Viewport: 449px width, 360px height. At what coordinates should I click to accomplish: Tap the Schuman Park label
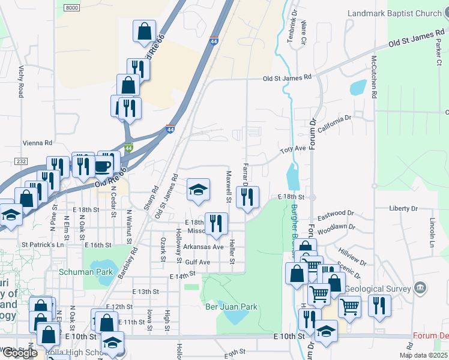tap(86, 271)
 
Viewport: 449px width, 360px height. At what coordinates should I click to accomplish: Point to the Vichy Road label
tap(21, 82)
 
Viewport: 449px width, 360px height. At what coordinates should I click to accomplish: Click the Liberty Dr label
tap(403, 208)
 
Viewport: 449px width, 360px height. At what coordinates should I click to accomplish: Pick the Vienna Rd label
tap(37, 143)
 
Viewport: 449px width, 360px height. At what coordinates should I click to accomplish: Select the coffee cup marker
tap(103, 166)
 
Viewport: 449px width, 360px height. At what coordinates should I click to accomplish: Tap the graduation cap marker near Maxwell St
tap(198, 190)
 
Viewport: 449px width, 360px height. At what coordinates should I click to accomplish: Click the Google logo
tap(19, 353)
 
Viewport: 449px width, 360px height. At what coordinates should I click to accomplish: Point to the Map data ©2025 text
tap(423, 355)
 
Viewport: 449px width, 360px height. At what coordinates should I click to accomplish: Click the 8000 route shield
tap(71, 7)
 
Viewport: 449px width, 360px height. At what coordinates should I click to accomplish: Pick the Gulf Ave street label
tap(197, 262)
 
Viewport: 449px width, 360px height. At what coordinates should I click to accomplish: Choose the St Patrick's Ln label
tap(43, 245)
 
